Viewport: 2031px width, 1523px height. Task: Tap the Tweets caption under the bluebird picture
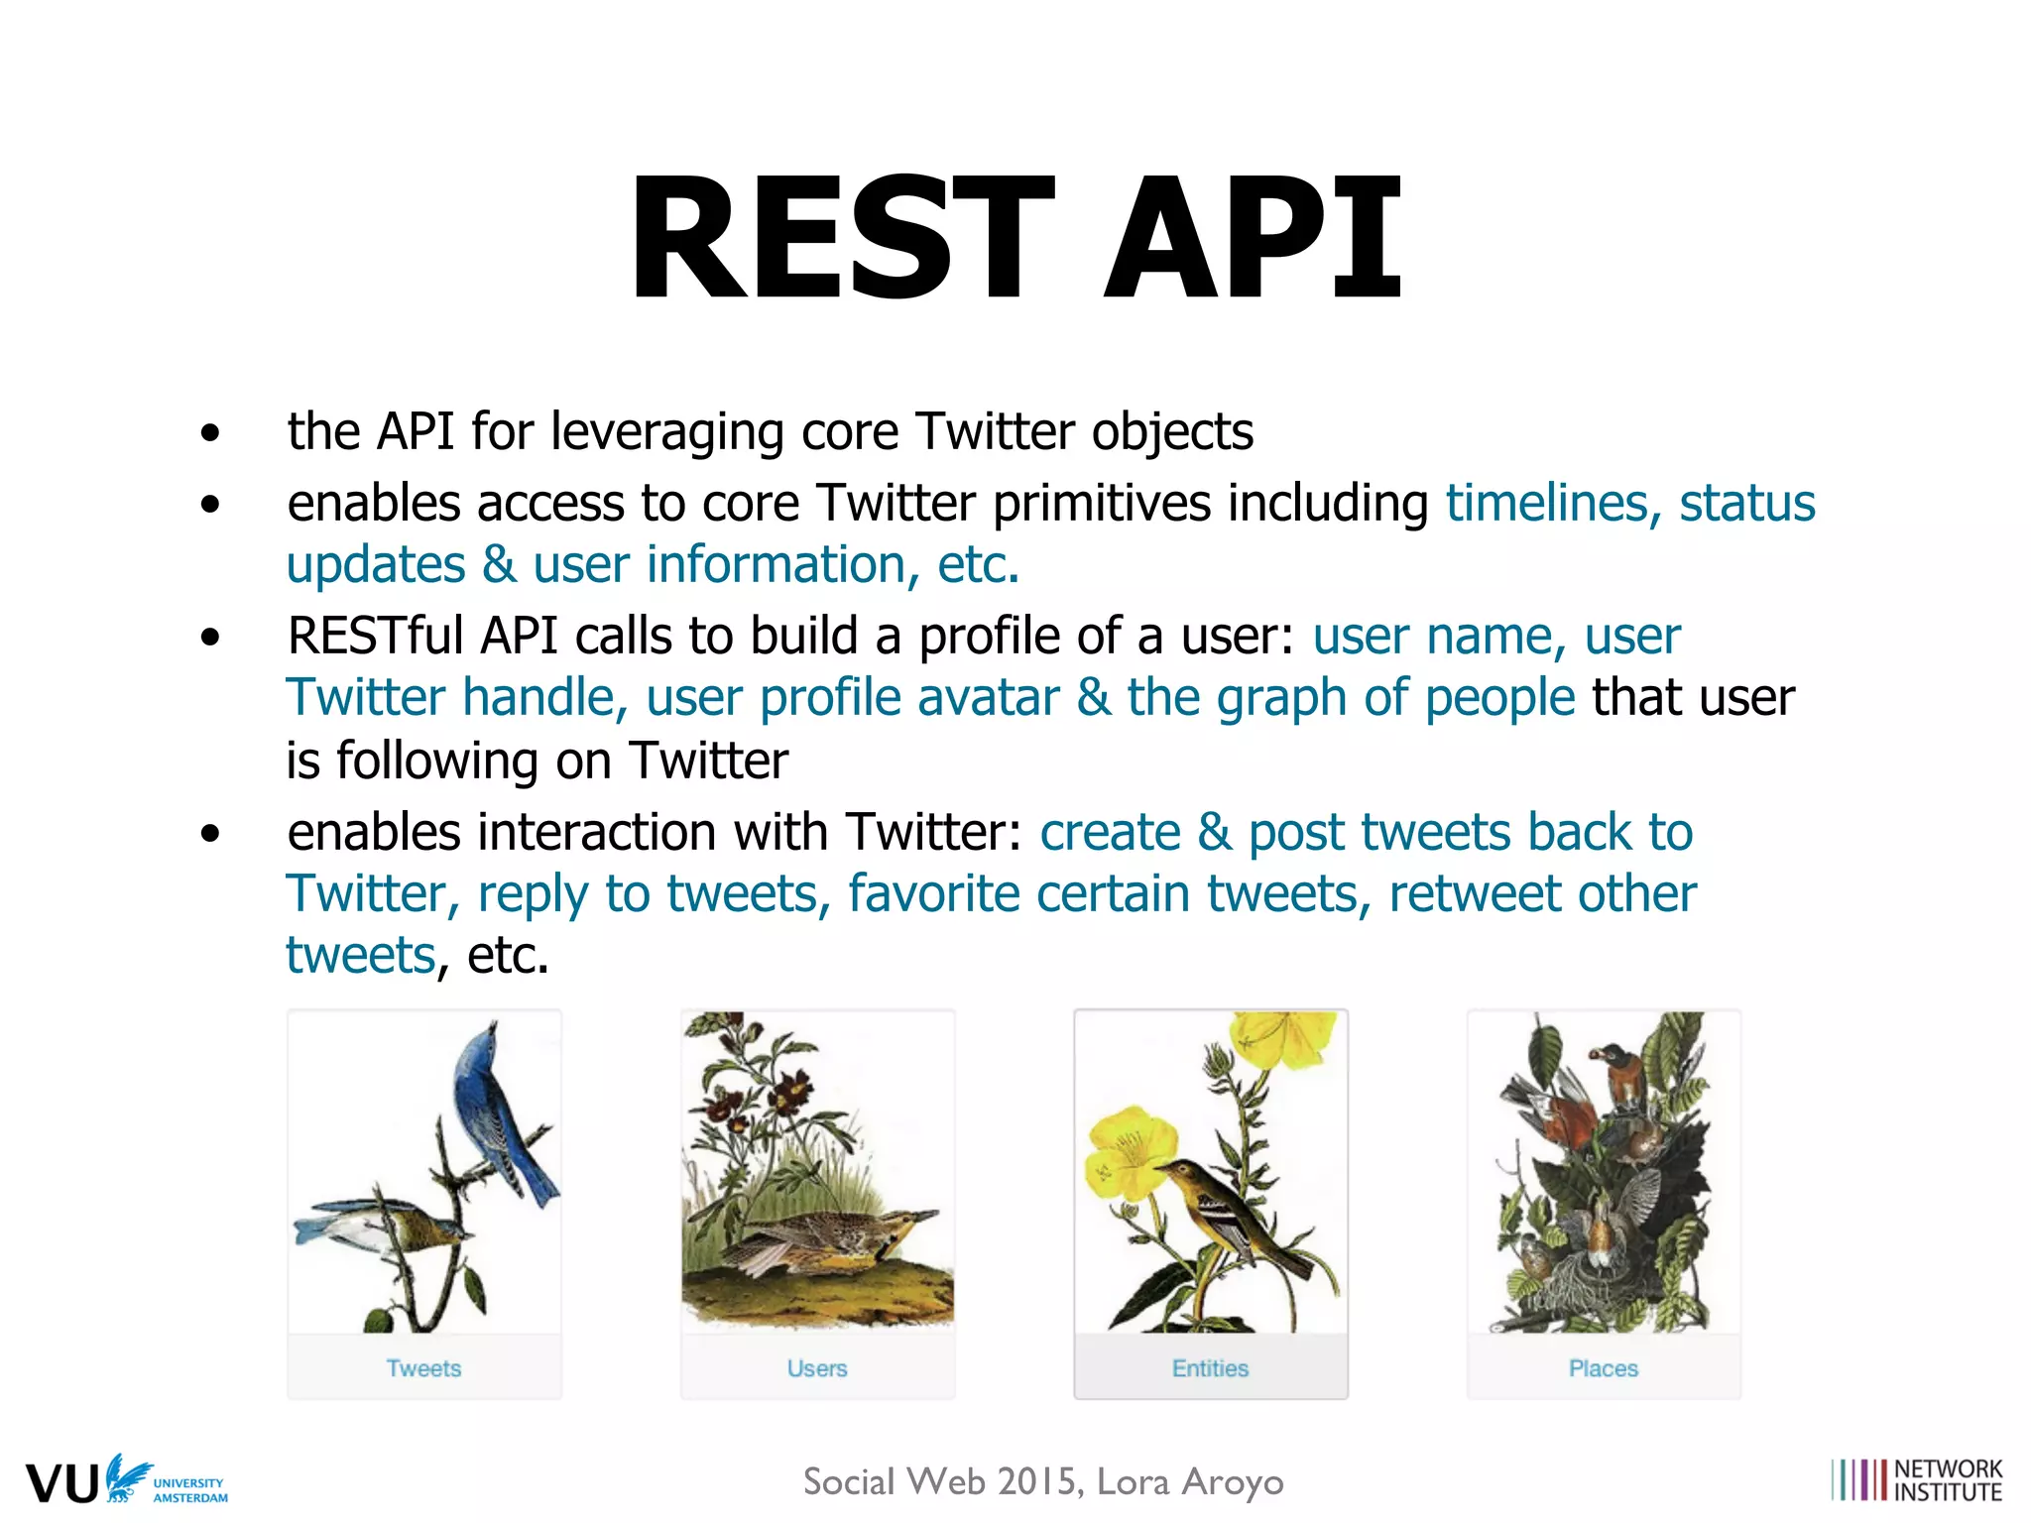(x=423, y=1368)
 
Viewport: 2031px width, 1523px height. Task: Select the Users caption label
(x=817, y=1368)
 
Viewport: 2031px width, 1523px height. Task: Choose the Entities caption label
(x=1210, y=1368)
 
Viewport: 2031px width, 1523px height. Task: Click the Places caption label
(x=1603, y=1368)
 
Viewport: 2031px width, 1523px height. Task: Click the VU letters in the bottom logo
(x=61, y=1483)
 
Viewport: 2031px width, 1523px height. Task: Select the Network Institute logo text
(x=1948, y=1480)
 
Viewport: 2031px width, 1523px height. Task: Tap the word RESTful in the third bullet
(x=375, y=636)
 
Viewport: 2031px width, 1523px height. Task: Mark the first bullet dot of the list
(x=209, y=433)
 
